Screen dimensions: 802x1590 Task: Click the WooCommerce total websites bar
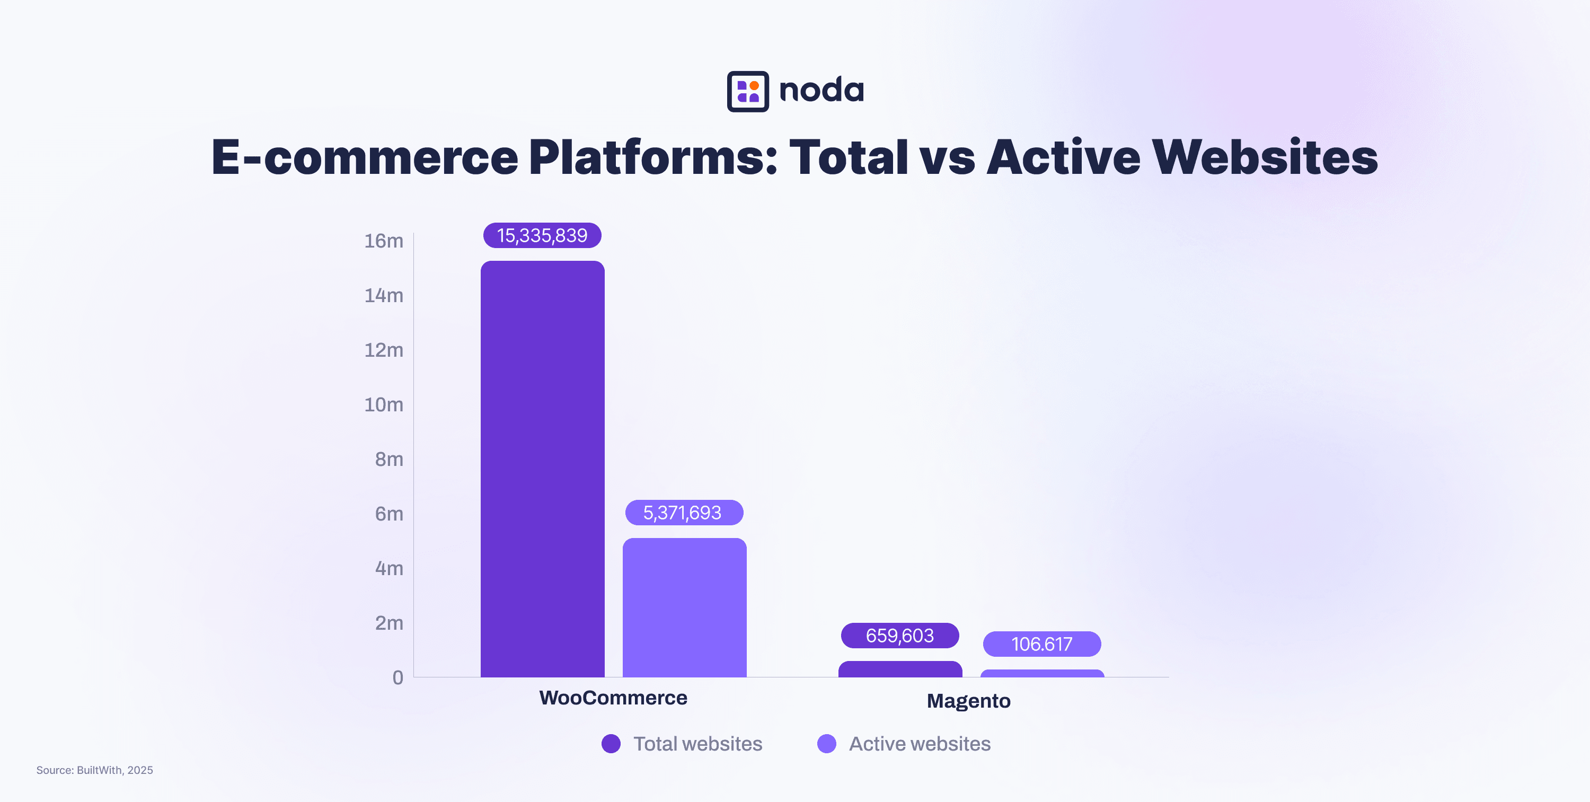(x=542, y=469)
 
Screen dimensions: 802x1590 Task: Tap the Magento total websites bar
(x=899, y=669)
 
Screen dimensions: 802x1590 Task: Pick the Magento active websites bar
(x=1042, y=674)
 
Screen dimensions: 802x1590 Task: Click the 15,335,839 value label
(x=542, y=235)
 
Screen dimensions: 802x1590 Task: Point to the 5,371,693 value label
(x=683, y=513)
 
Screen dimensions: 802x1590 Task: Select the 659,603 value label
(x=899, y=636)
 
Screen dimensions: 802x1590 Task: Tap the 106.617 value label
(x=1041, y=644)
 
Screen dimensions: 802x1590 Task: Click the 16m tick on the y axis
(x=383, y=241)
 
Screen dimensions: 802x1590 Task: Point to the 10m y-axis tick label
(x=383, y=404)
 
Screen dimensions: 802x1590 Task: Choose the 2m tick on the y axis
(x=389, y=623)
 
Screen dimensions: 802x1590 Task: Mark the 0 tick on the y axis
(x=397, y=677)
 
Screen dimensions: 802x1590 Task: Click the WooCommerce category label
(x=613, y=698)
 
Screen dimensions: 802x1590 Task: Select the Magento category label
(x=968, y=701)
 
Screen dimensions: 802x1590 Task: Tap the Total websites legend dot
(x=611, y=743)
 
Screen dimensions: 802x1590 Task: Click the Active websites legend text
(x=919, y=743)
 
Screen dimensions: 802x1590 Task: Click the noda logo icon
(x=747, y=91)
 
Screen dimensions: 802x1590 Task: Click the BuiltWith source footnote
(x=94, y=770)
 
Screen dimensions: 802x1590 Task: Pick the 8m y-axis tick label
(x=389, y=460)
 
